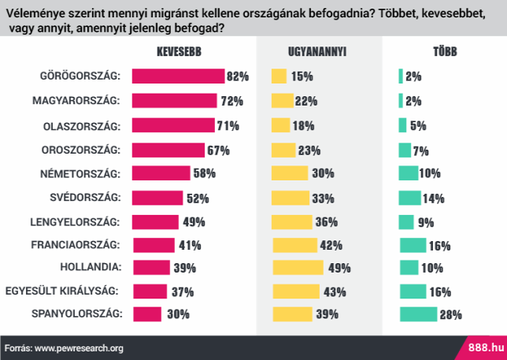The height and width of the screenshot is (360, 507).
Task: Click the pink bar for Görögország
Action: click(x=178, y=76)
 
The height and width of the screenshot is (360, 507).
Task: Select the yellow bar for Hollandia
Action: click(x=298, y=268)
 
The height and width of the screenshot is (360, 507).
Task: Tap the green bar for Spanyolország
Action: click(x=418, y=314)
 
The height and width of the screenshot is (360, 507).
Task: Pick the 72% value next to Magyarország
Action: click(x=231, y=101)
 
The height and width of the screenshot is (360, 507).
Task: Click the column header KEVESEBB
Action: click(x=179, y=52)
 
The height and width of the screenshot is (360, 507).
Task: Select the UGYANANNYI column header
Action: click(x=317, y=52)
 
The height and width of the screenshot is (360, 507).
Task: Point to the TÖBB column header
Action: click(x=446, y=51)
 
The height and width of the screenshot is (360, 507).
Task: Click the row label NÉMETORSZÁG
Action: click(x=80, y=174)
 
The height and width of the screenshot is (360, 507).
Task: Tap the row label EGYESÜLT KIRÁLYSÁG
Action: click(x=61, y=291)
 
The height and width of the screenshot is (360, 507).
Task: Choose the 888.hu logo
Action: click(x=486, y=348)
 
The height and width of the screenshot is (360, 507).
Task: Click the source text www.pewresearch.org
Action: click(x=79, y=349)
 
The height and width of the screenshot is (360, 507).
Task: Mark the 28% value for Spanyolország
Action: click(x=451, y=315)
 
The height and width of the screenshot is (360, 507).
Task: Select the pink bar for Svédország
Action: click(x=157, y=198)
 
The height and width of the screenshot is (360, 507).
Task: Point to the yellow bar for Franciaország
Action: click(x=295, y=245)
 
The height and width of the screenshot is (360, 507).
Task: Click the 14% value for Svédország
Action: click(x=434, y=199)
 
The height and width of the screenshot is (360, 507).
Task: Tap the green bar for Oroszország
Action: click(x=405, y=150)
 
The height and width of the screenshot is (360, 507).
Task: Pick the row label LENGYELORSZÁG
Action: click(x=75, y=222)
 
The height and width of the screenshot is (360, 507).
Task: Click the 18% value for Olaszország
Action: click(x=304, y=125)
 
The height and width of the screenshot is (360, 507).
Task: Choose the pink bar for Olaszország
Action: click(x=173, y=124)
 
